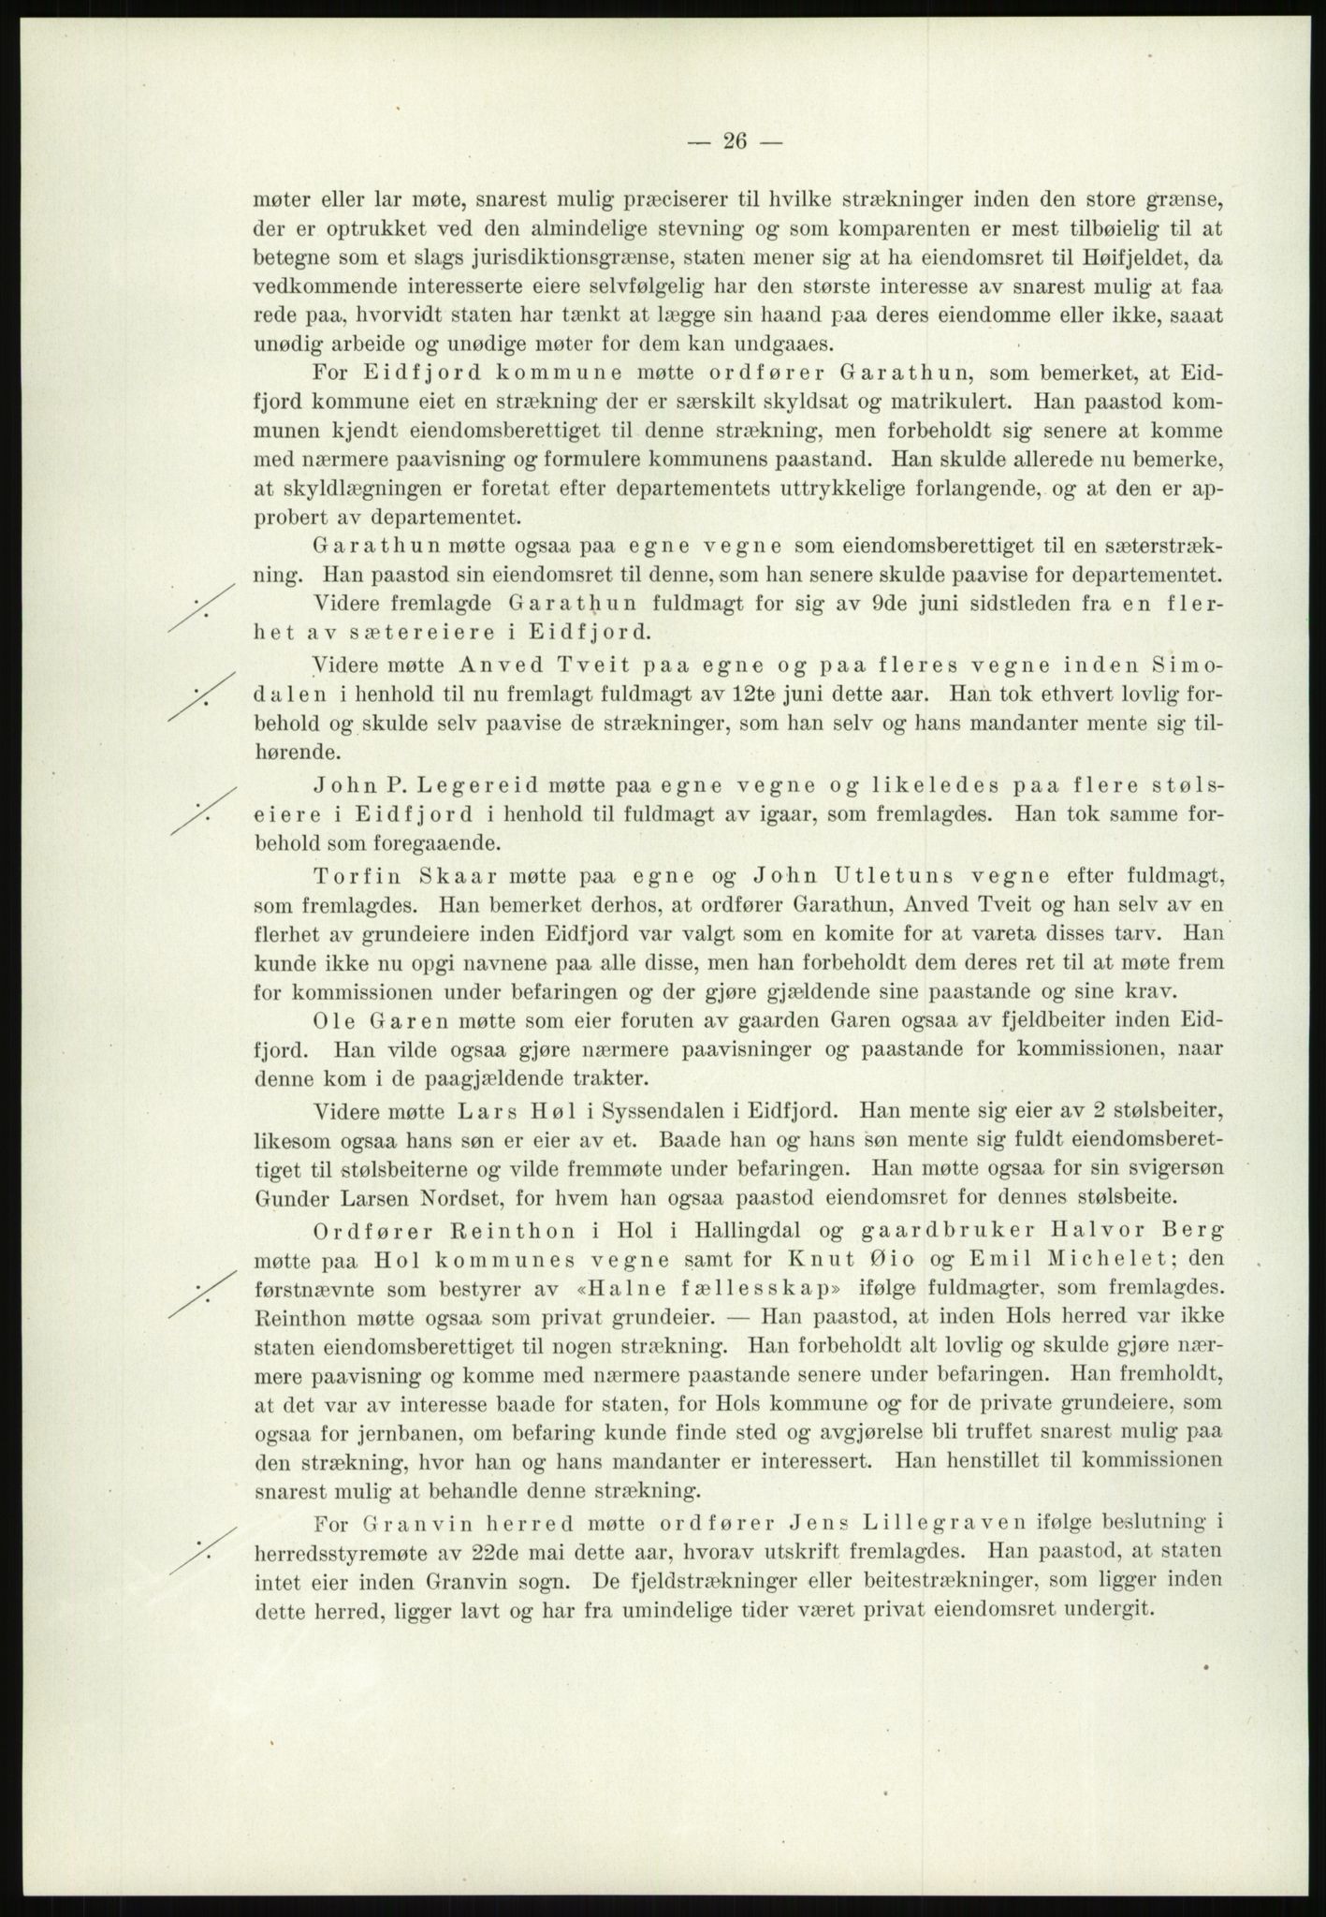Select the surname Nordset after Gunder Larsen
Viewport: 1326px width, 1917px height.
488,1196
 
